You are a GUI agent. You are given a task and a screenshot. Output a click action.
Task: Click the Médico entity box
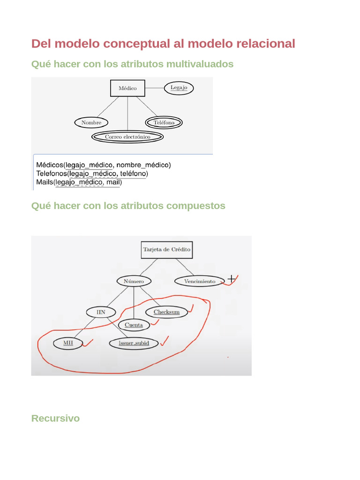[127, 88]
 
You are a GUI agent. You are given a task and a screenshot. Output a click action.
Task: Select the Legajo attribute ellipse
[179, 88]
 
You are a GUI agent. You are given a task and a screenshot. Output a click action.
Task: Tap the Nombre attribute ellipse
[91, 123]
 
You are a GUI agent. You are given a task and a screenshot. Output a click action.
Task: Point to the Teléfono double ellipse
[164, 123]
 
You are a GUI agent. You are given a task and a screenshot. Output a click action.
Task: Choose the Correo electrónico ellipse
[127, 137]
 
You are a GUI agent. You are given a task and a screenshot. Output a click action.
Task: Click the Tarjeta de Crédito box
[166, 250]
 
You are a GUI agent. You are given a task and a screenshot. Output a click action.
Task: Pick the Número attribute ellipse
[134, 281]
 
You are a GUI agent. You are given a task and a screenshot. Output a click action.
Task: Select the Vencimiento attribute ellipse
[200, 281]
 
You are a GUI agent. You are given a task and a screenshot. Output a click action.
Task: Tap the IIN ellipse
[101, 312]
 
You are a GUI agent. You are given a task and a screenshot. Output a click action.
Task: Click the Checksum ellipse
[166, 312]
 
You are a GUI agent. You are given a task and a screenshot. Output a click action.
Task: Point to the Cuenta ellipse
[134, 325]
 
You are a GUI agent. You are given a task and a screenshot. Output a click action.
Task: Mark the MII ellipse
[68, 343]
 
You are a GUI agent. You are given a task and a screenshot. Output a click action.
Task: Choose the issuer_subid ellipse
[134, 343]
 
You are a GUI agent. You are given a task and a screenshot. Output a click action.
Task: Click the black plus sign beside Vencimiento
[231, 279]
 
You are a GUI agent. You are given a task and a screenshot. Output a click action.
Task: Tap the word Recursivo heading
[55, 418]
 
